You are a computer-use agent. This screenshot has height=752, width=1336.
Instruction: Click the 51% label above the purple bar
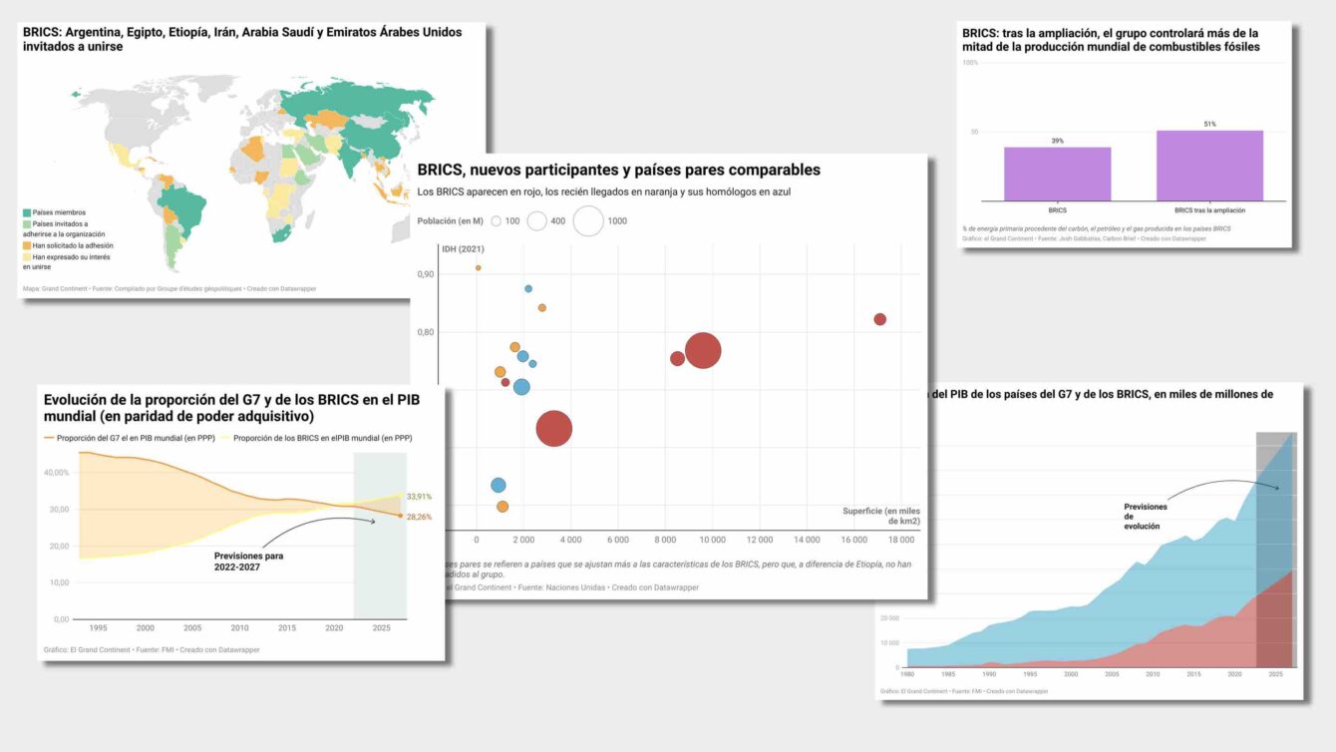[1209, 125]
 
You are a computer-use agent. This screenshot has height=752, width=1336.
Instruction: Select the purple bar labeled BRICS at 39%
[1057, 175]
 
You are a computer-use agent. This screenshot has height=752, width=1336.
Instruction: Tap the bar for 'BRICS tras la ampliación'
[1209, 166]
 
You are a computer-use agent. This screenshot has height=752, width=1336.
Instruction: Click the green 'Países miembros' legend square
[27, 212]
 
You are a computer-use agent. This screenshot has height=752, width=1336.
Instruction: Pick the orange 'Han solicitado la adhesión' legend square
[27, 245]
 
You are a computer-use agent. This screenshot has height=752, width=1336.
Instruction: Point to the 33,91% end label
[419, 497]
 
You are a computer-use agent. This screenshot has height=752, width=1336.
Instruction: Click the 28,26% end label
[419, 517]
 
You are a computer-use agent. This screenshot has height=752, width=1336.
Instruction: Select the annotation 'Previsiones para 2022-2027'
[249, 562]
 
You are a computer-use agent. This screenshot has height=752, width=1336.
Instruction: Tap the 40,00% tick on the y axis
[56, 473]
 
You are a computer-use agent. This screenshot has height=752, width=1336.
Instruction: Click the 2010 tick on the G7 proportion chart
[240, 628]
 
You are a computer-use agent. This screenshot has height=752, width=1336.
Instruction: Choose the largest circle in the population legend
[588, 220]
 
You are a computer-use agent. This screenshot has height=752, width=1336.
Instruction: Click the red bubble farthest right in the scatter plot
[879, 319]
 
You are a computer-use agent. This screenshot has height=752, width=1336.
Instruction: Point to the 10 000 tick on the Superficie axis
[712, 540]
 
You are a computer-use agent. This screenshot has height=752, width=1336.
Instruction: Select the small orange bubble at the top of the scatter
[479, 267]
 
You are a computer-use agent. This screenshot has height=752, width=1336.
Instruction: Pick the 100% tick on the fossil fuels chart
[969, 63]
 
